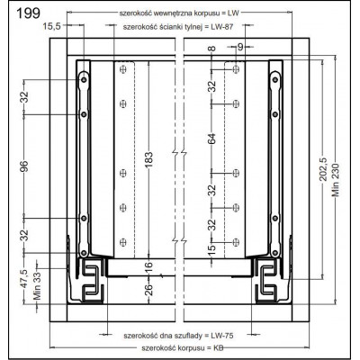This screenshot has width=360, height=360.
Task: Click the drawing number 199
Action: click(x=28, y=13)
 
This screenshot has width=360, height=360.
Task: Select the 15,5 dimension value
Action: click(x=52, y=26)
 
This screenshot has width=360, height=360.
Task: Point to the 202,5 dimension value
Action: click(x=324, y=169)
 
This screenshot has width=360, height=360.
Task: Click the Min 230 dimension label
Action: click(x=336, y=180)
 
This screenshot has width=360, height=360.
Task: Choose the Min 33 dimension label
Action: click(x=37, y=288)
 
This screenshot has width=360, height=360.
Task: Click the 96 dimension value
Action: click(x=24, y=166)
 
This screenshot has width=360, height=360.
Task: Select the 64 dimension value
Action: click(x=212, y=139)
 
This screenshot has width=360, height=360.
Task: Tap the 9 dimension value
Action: click(x=240, y=47)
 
